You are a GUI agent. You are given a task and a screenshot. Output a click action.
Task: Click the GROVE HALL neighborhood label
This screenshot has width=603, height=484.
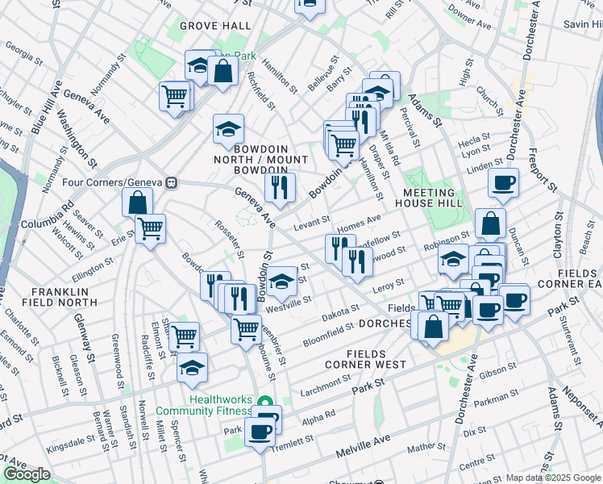[215, 26]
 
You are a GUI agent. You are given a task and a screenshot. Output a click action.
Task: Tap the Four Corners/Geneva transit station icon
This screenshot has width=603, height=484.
[172, 183]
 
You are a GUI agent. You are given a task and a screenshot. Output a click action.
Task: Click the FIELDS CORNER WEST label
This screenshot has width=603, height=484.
[376, 360]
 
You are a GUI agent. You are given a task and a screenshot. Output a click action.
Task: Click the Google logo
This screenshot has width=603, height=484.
[27, 474]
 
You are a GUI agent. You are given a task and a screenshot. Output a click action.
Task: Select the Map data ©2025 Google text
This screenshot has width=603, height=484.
[553, 478]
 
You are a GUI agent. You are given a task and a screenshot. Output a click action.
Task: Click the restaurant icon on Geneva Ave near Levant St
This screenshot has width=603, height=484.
[280, 188]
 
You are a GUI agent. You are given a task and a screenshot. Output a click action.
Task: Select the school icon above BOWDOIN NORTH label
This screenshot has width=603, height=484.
[228, 128]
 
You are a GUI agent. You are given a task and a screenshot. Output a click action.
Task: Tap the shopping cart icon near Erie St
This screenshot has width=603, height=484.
[149, 229]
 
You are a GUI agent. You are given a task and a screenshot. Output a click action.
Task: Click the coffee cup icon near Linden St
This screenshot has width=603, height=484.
[503, 182]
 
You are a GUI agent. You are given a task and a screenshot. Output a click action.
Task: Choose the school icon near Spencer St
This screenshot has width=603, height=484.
[192, 368]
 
